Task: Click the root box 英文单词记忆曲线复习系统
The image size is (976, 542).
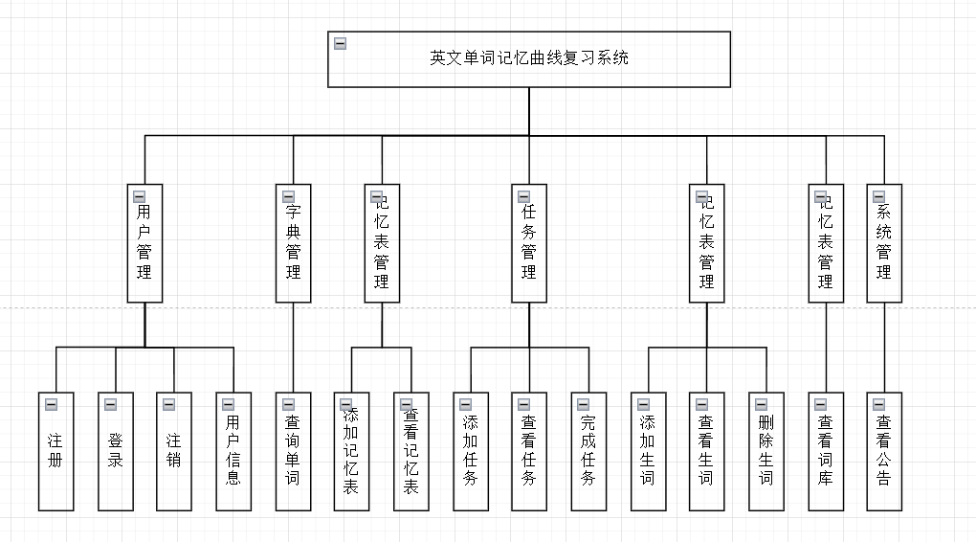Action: pos(529,59)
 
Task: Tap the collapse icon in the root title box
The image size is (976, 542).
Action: pos(340,43)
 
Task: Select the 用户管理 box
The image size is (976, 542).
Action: pos(144,243)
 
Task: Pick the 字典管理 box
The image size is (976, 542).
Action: pos(293,243)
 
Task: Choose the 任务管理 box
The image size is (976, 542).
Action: pos(528,243)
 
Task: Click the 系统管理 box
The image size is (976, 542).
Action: pos(884,243)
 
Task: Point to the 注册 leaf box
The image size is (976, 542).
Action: pos(55,451)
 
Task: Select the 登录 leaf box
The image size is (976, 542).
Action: pos(116,451)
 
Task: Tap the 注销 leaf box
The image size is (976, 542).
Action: pos(174,451)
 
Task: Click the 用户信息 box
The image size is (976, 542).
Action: pos(233,451)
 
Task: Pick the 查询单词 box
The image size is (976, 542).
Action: pos(293,451)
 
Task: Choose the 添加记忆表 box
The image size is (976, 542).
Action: pos(351,451)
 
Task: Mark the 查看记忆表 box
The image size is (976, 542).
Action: pos(410,451)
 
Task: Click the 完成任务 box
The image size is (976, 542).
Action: pos(588,451)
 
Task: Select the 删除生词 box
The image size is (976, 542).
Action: pos(766,451)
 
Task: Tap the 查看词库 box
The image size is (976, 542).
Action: pos(826,451)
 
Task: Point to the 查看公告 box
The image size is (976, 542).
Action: pos(884,451)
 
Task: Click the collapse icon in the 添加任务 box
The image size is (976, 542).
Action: pos(466,404)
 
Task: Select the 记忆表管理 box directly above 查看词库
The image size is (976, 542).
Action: pos(826,243)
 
